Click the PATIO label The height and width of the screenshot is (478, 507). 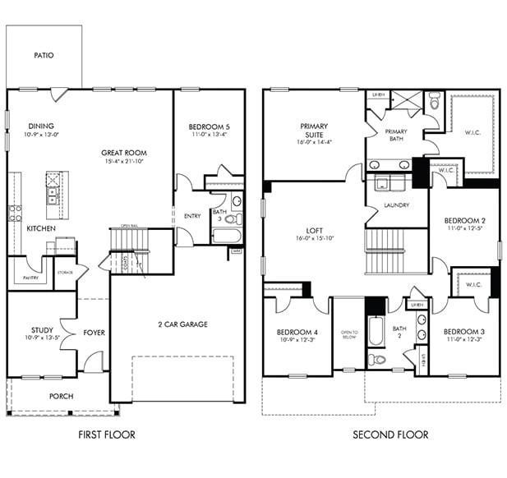[44, 56]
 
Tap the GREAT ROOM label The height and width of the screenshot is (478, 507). [124, 153]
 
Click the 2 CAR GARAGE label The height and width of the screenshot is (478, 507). [182, 324]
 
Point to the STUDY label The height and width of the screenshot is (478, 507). [42, 330]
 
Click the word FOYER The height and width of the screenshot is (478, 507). [94, 333]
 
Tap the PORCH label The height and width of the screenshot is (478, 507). [61, 396]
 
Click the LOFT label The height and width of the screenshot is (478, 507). [314, 231]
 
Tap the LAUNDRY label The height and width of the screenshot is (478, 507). [396, 205]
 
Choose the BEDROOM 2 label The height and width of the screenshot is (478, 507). [464, 221]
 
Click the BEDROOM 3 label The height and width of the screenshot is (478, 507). [463, 332]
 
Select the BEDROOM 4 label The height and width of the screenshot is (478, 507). [297, 332]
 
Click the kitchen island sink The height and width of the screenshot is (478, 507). [53, 195]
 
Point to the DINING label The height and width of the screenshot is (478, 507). [42, 126]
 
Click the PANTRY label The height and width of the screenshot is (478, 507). [30, 278]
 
